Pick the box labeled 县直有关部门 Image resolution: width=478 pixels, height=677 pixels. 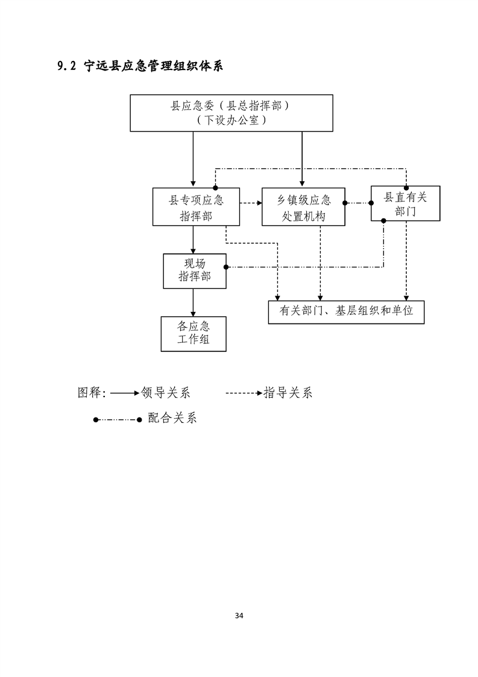click(x=405, y=203)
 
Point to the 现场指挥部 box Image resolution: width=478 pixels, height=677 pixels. click(x=194, y=270)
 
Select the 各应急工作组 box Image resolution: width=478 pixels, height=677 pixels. click(x=193, y=333)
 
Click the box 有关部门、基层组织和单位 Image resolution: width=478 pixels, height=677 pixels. click(x=346, y=312)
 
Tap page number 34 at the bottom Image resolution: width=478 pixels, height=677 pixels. click(x=239, y=616)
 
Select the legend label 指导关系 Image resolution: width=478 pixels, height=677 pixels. click(x=288, y=393)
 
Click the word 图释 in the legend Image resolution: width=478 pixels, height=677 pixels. click(x=90, y=393)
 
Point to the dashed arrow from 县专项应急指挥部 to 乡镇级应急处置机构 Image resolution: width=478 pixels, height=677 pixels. click(x=251, y=203)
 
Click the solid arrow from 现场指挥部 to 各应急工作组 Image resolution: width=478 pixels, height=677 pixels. click(x=193, y=302)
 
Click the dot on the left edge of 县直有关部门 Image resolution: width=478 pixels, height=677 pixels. click(x=371, y=203)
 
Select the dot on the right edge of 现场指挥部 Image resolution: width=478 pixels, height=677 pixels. click(x=225, y=267)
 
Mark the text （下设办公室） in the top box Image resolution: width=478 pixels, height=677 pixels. click(x=231, y=120)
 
